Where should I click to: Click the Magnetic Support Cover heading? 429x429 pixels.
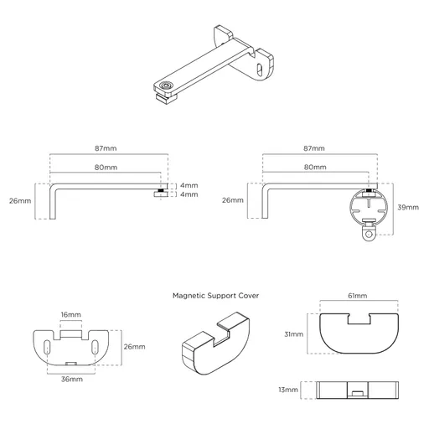[x=215, y=296]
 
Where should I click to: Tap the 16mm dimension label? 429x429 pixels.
[x=71, y=315]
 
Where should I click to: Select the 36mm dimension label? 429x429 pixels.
[x=71, y=380]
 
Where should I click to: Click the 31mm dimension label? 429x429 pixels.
[x=292, y=335]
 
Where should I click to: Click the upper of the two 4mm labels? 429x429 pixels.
[x=189, y=185]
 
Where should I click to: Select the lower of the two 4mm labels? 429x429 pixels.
[x=189, y=194]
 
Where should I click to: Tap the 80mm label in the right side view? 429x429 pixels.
[x=314, y=167]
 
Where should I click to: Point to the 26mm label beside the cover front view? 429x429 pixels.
[x=134, y=346]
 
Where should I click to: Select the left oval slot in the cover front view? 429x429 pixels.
[x=46, y=345]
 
